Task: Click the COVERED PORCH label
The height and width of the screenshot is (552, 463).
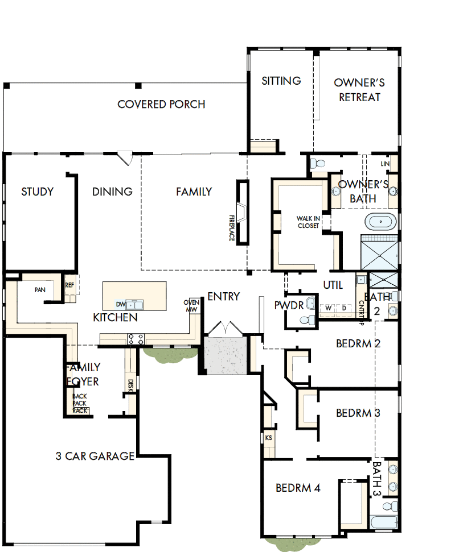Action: point(161,105)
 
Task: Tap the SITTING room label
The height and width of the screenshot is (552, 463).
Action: point(281,81)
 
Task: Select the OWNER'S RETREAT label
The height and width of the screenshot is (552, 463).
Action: point(359,90)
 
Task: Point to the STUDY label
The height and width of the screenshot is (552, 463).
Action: point(38,192)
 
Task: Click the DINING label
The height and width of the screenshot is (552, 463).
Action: point(112,192)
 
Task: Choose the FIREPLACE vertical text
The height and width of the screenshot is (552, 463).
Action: point(232,228)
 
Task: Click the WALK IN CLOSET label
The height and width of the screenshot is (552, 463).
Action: point(308,222)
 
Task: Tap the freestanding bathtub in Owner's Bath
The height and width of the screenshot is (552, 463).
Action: point(379,222)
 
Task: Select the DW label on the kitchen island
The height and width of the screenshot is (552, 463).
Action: point(121,304)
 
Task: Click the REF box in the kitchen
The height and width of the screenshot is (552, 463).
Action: point(69,285)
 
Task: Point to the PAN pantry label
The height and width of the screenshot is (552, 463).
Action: point(39,290)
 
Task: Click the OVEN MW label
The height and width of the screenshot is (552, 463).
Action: point(191,306)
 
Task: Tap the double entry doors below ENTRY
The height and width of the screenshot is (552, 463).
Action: point(226,329)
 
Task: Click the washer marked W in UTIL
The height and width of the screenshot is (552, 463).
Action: point(328,308)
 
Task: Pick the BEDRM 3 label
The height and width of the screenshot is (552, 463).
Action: point(358,413)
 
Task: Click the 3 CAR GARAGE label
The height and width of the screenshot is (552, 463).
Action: point(95,456)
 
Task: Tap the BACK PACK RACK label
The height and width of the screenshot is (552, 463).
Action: point(79,403)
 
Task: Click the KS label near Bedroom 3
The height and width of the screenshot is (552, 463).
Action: point(268,438)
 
